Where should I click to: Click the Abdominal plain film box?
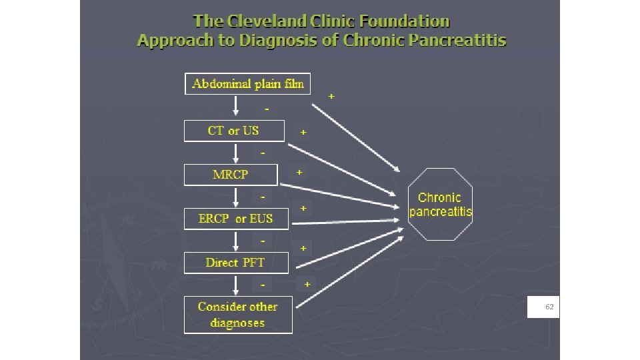(x=247, y=83)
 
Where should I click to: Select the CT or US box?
(x=233, y=131)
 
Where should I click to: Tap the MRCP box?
(x=230, y=175)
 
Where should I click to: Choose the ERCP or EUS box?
(x=236, y=218)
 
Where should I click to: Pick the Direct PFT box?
(x=235, y=262)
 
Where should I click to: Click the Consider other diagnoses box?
(x=238, y=315)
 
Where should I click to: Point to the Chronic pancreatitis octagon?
(x=440, y=205)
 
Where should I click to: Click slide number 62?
(x=549, y=307)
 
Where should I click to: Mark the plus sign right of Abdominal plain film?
(x=331, y=97)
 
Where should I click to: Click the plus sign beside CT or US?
(x=303, y=133)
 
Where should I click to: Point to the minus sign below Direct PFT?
(x=263, y=284)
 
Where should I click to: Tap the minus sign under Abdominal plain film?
(x=267, y=109)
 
